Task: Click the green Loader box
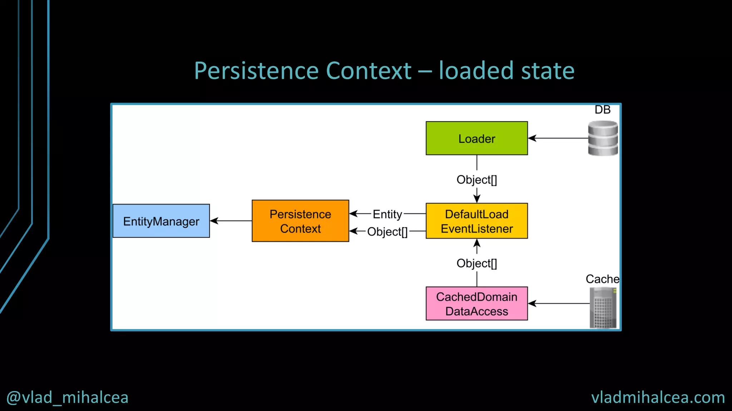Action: click(476, 138)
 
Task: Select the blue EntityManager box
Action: click(161, 221)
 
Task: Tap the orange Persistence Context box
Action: click(300, 221)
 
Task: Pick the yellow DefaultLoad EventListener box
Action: click(476, 221)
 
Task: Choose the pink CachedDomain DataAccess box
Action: click(476, 304)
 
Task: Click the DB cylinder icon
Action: click(603, 138)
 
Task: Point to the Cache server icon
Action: click(603, 308)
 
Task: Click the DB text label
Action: click(602, 110)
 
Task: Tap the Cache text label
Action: click(602, 279)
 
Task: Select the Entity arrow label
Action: click(387, 214)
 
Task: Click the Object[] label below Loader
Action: click(476, 180)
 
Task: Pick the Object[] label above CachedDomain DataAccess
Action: click(476, 263)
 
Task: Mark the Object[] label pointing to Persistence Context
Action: click(387, 232)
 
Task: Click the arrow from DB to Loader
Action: click(558, 138)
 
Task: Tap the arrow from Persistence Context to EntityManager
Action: click(231, 221)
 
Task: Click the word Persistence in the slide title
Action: click(256, 71)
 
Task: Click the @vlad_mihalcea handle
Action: click(67, 397)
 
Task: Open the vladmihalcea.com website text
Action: click(658, 397)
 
